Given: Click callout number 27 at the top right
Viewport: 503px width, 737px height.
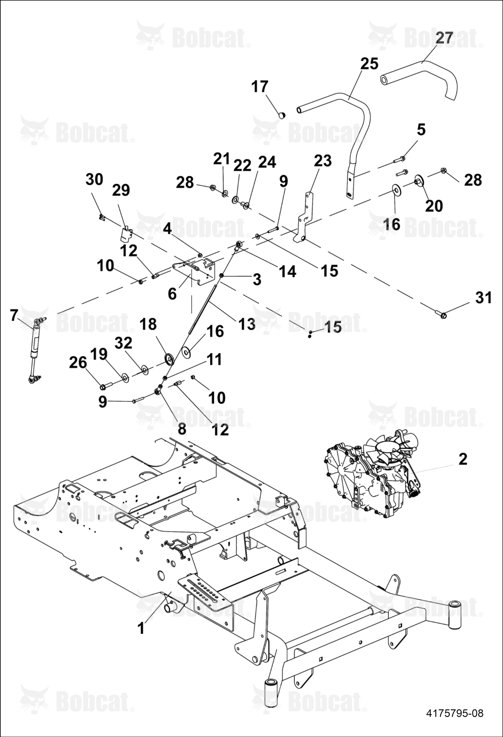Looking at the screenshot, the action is click(444, 38).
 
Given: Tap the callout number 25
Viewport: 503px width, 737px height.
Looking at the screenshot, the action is click(369, 63).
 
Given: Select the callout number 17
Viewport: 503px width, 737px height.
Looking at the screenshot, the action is click(260, 87).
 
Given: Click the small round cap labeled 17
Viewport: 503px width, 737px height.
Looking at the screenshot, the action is click(282, 115).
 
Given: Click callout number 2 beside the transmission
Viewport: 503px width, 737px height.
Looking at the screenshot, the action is click(463, 459).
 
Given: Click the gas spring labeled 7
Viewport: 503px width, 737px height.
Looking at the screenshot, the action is click(35, 349).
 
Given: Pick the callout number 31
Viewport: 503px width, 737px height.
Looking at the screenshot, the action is click(483, 298).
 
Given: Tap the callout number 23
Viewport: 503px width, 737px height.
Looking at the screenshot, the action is click(323, 161).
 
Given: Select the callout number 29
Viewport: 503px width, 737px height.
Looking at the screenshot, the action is click(121, 190).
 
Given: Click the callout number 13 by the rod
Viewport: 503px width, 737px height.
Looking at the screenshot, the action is click(247, 324).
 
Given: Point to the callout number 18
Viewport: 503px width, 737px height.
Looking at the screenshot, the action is click(148, 324).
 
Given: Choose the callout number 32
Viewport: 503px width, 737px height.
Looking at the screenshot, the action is click(123, 343).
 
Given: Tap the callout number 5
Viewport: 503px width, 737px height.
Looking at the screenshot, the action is click(421, 129).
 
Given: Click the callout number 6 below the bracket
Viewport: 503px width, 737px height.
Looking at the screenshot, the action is click(172, 294).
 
